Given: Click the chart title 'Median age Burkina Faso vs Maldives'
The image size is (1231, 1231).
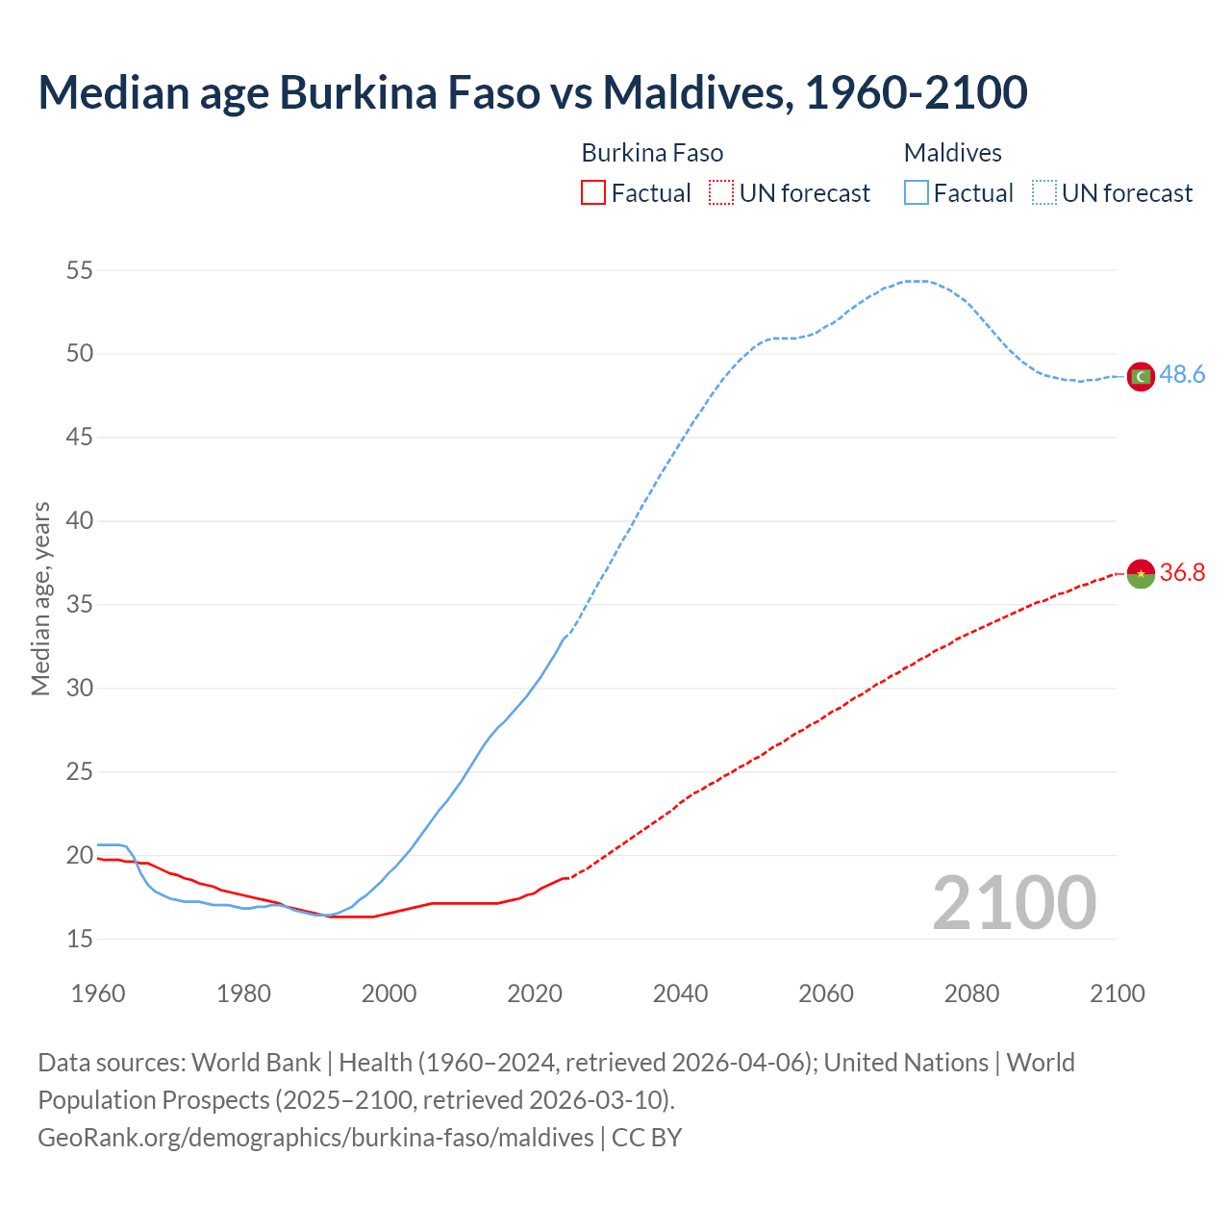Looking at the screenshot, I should [x=532, y=92].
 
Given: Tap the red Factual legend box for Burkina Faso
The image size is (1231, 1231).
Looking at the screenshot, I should [x=593, y=193].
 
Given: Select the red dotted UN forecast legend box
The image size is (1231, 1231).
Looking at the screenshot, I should [x=721, y=193].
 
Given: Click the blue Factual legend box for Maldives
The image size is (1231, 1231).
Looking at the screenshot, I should [x=916, y=193].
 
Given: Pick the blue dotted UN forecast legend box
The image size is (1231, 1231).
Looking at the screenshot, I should [x=1044, y=193].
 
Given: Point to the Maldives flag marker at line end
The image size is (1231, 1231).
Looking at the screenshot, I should [x=1141, y=376].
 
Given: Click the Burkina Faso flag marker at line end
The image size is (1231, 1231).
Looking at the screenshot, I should [x=1141, y=573].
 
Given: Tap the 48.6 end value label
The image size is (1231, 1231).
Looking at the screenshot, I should [x=1182, y=375].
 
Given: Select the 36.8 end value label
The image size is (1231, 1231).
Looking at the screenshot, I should [x=1182, y=573].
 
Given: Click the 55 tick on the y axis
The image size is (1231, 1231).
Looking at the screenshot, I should [x=80, y=270].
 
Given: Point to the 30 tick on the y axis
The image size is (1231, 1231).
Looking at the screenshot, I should [x=80, y=689].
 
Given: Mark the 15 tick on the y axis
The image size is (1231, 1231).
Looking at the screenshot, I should [x=80, y=940].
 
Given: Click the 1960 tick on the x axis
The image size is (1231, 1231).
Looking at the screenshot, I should [x=98, y=993].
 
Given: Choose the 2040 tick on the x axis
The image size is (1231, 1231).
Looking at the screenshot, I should [x=680, y=993].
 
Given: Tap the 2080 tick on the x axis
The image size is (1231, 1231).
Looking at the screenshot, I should [x=971, y=993].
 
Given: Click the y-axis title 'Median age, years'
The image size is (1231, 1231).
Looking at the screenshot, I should [x=40, y=598].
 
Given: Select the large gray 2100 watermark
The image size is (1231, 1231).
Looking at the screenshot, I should [x=1014, y=903].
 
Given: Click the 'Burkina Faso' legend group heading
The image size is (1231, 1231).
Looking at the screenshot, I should [x=652, y=153].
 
